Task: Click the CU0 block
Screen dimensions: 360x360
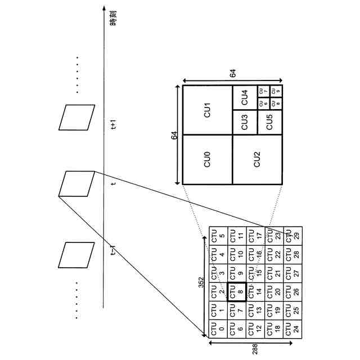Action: (207, 160)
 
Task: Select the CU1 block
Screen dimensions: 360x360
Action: (207, 110)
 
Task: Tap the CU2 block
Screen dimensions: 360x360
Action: (256, 160)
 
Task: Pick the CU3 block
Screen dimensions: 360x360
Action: (245, 123)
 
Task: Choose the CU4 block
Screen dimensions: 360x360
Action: (245, 98)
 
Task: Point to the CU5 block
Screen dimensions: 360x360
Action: (269, 123)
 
